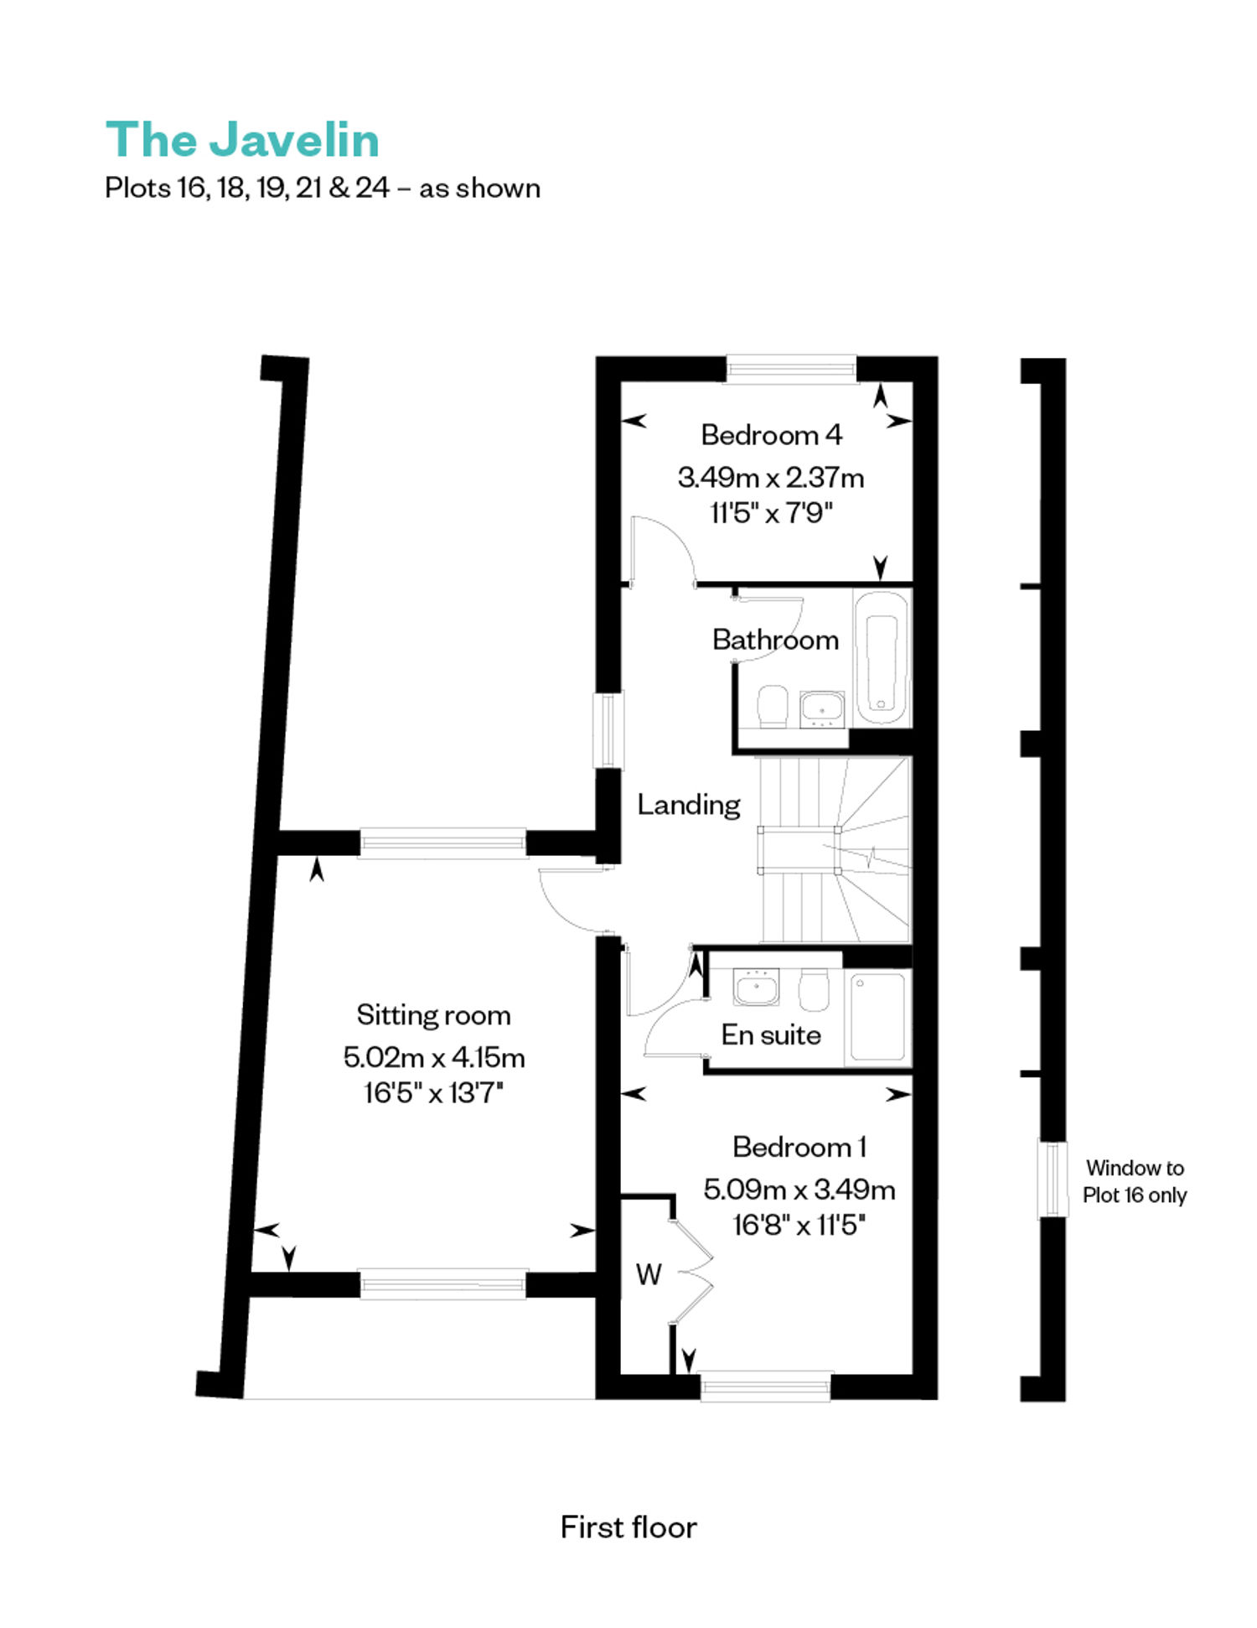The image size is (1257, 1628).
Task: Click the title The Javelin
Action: point(242,139)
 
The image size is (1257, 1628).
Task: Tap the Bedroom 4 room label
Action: point(771,435)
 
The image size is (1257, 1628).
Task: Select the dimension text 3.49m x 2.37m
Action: point(771,478)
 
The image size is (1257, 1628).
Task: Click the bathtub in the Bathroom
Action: point(882,658)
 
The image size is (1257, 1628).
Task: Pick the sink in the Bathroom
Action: point(822,709)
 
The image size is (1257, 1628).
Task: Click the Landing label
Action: point(689,805)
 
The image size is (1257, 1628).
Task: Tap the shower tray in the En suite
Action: point(877,1018)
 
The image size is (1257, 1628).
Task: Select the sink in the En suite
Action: point(756,987)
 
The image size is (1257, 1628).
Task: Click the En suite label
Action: point(771,1035)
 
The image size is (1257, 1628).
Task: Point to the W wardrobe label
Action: point(649,1275)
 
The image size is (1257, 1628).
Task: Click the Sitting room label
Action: point(433,1015)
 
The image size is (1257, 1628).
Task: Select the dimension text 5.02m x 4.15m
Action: point(434,1058)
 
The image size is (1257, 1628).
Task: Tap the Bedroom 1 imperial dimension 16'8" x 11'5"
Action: point(799,1226)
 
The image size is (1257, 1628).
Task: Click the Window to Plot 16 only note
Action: point(1135,1181)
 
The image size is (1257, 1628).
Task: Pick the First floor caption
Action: point(628,1527)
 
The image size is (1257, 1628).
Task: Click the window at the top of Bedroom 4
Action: point(791,369)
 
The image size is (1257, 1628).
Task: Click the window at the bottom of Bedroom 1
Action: point(765,1387)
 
